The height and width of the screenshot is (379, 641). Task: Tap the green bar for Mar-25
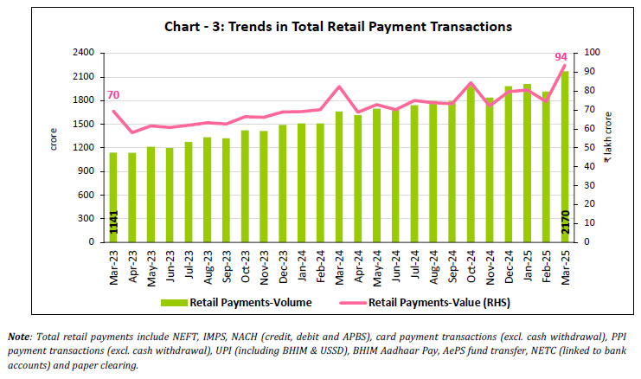pyautogui.click(x=565, y=156)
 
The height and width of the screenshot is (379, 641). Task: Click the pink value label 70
pyautogui.click(x=112, y=96)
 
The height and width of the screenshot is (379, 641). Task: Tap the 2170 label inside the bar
pyautogui.click(x=565, y=224)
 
